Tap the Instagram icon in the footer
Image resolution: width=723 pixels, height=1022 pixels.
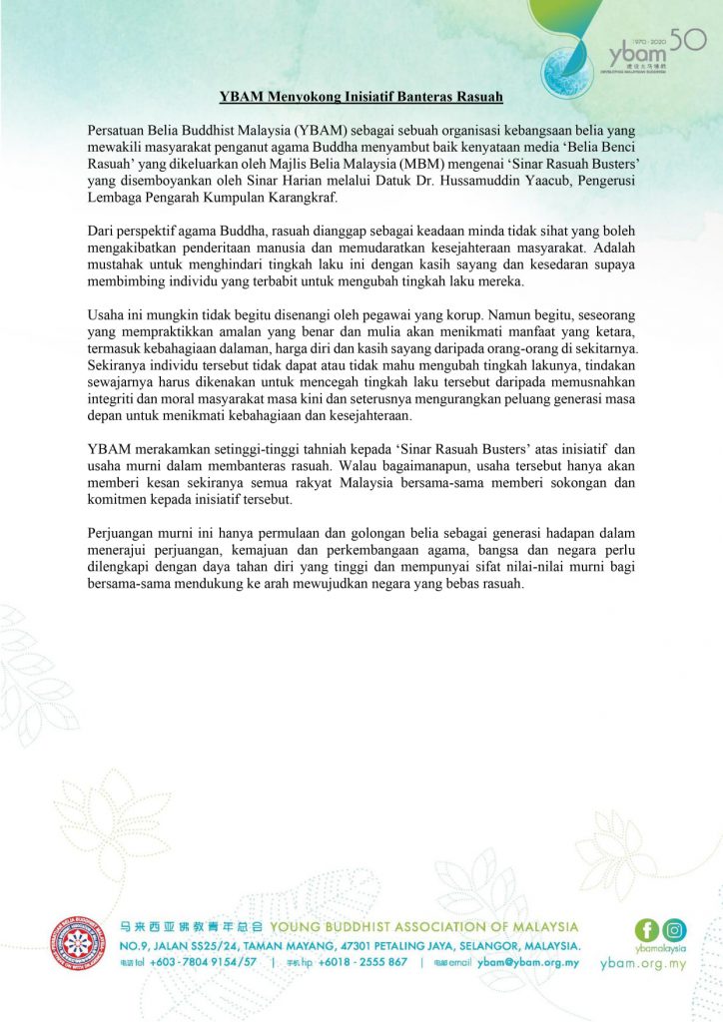675,931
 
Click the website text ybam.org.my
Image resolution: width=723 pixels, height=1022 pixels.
644,965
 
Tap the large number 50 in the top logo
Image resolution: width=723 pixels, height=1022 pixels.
688,40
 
